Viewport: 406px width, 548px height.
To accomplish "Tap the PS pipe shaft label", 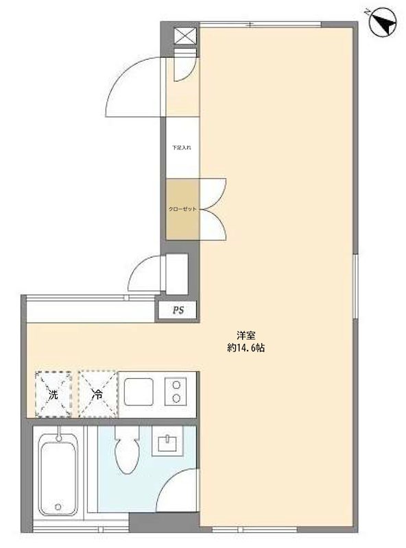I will [178, 310].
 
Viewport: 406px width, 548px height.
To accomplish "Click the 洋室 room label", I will [246, 336].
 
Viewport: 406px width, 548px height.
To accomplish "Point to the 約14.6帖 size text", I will [246, 348].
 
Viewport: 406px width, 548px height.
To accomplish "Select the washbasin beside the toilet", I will [168, 444].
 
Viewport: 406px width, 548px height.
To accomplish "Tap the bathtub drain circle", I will [58, 508].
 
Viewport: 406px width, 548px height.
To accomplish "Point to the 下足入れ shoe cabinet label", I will [182, 147].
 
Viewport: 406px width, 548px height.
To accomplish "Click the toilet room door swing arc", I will [180, 490].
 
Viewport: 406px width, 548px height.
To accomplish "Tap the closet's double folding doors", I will [214, 209].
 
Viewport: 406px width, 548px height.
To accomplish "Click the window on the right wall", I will [355, 286].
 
